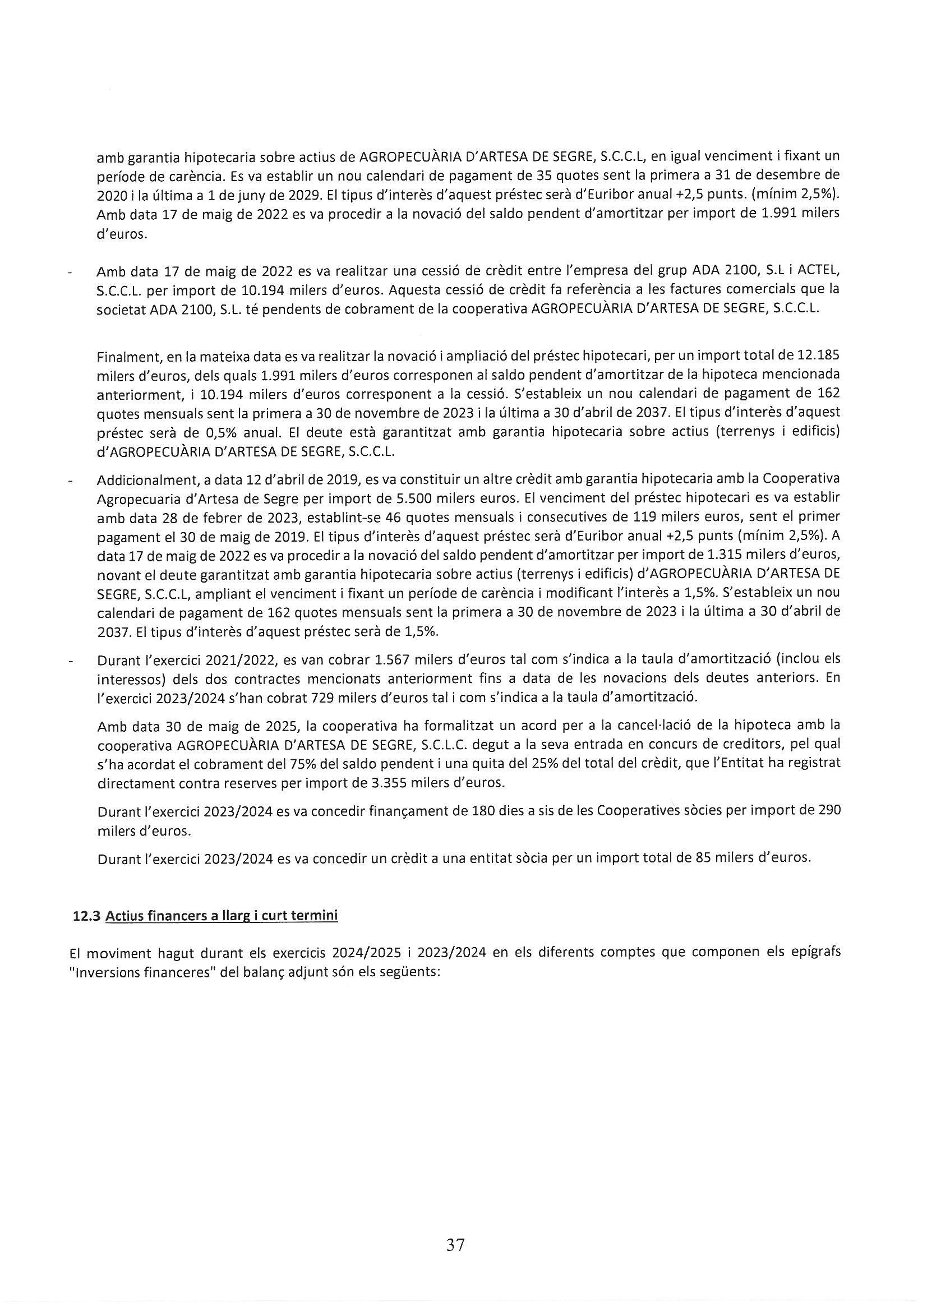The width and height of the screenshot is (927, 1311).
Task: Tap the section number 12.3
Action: click(x=87, y=916)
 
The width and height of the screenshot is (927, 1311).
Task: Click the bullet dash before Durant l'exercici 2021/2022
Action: click(x=70, y=661)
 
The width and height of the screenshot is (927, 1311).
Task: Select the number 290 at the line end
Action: click(x=829, y=811)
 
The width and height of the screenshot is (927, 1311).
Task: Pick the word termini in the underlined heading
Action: click(x=316, y=916)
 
